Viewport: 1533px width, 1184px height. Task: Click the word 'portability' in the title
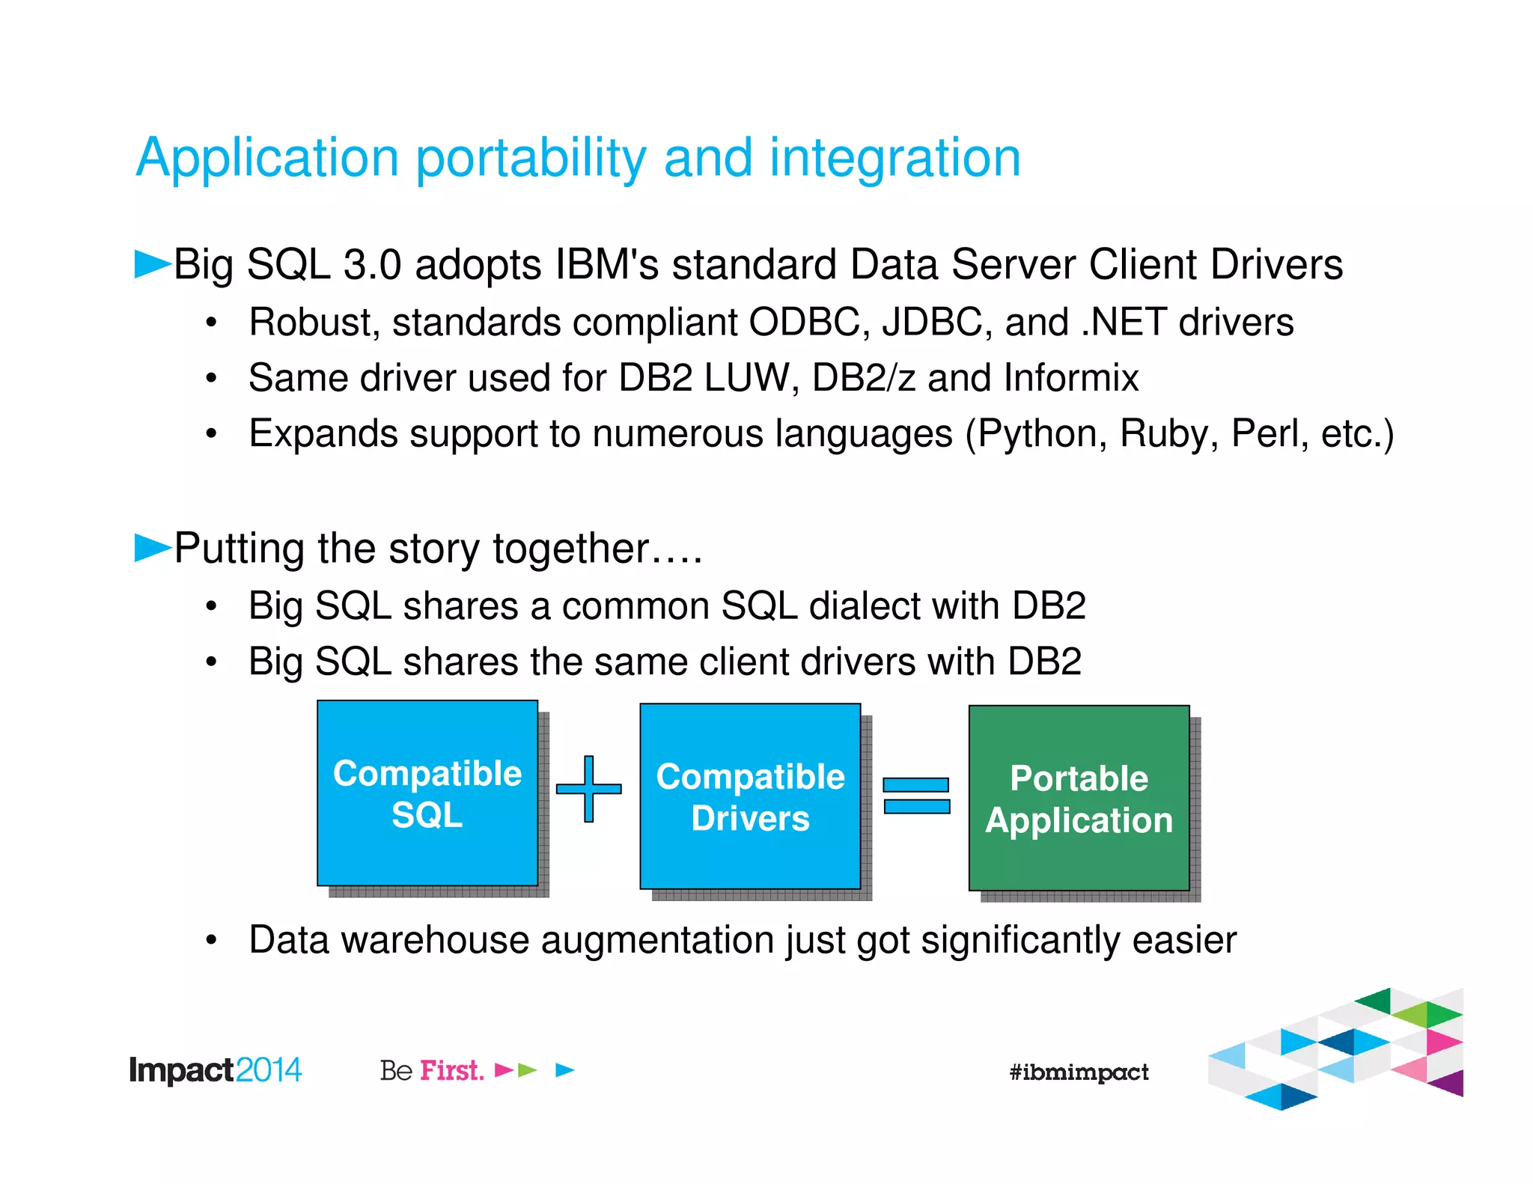(x=531, y=159)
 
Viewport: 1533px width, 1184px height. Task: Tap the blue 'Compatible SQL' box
(x=427, y=793)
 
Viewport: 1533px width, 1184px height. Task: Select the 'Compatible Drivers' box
(x=750, y=796)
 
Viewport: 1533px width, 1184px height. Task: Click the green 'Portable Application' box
(x=1079, y=799)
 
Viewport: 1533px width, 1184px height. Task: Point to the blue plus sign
(x=589, y=789)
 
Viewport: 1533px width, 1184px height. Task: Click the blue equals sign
(x=916, y=796)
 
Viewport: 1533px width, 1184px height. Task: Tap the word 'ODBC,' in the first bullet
(x=809, y=323)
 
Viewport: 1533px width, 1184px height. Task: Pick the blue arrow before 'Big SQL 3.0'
(x=152, y=264)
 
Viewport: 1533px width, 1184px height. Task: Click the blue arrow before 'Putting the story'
(x=152, y=547)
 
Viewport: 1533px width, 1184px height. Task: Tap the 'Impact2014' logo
(x=215, y=1070)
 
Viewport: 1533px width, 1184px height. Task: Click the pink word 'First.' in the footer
(x=452, y=1070)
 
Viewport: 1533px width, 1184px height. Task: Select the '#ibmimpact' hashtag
(x=1078, y=1072)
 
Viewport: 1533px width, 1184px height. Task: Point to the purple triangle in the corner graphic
(x=1450, y=1083)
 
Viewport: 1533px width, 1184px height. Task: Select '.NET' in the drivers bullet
(x=1123, y=323)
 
